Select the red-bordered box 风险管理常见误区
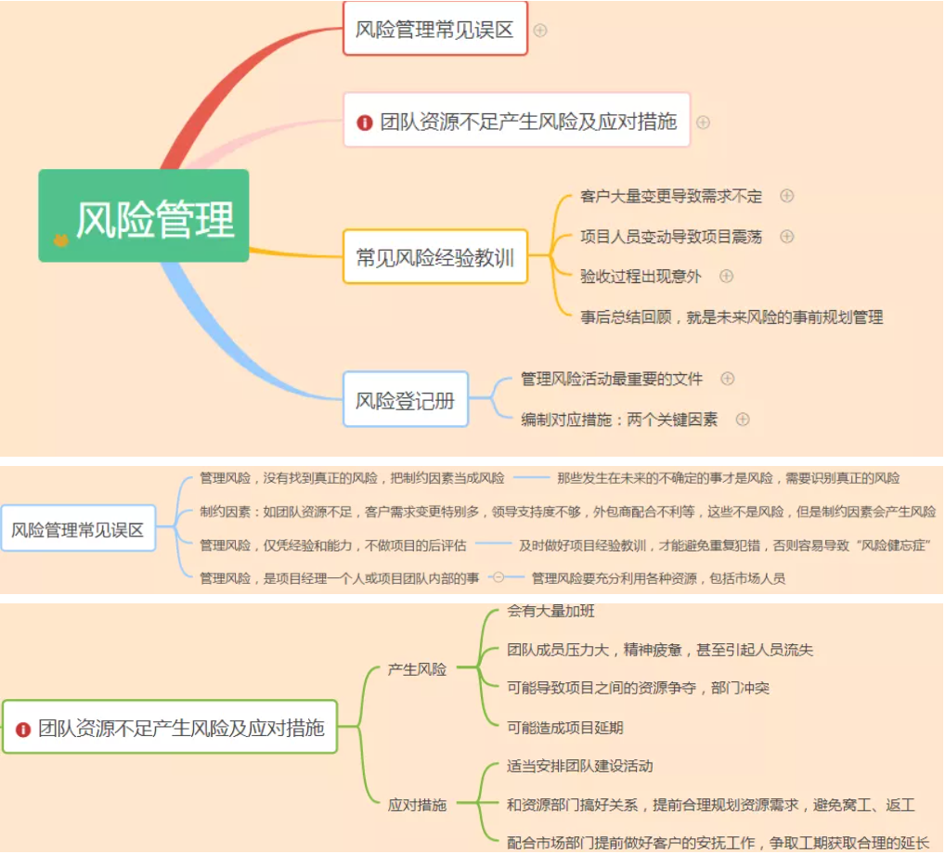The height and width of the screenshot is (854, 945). (434, 29)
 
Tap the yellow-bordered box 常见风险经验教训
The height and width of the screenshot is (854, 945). (434, 256)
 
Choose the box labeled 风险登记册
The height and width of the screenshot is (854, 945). (405, 399)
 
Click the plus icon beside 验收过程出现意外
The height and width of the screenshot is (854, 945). (727, 276)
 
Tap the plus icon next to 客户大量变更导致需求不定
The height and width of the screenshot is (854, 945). (787, 196)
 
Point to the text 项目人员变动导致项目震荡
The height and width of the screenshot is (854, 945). (670, 237)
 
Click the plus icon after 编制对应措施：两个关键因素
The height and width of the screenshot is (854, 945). (743, 419)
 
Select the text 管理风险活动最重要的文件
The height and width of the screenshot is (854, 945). (611, 379)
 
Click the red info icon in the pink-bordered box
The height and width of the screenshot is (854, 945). (365, 123)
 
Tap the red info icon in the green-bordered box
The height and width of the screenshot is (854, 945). (23, 729)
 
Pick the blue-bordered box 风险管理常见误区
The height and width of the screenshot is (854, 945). (78, 529)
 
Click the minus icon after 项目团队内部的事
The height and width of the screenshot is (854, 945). (498, 577)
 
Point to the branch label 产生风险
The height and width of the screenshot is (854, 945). (417, 668)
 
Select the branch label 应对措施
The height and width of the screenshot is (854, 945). (417, 804)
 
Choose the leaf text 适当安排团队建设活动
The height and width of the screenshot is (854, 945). (579, 766)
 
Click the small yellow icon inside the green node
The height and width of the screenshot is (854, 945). (60, 239)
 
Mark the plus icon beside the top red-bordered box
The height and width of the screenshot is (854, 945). (540, 30)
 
